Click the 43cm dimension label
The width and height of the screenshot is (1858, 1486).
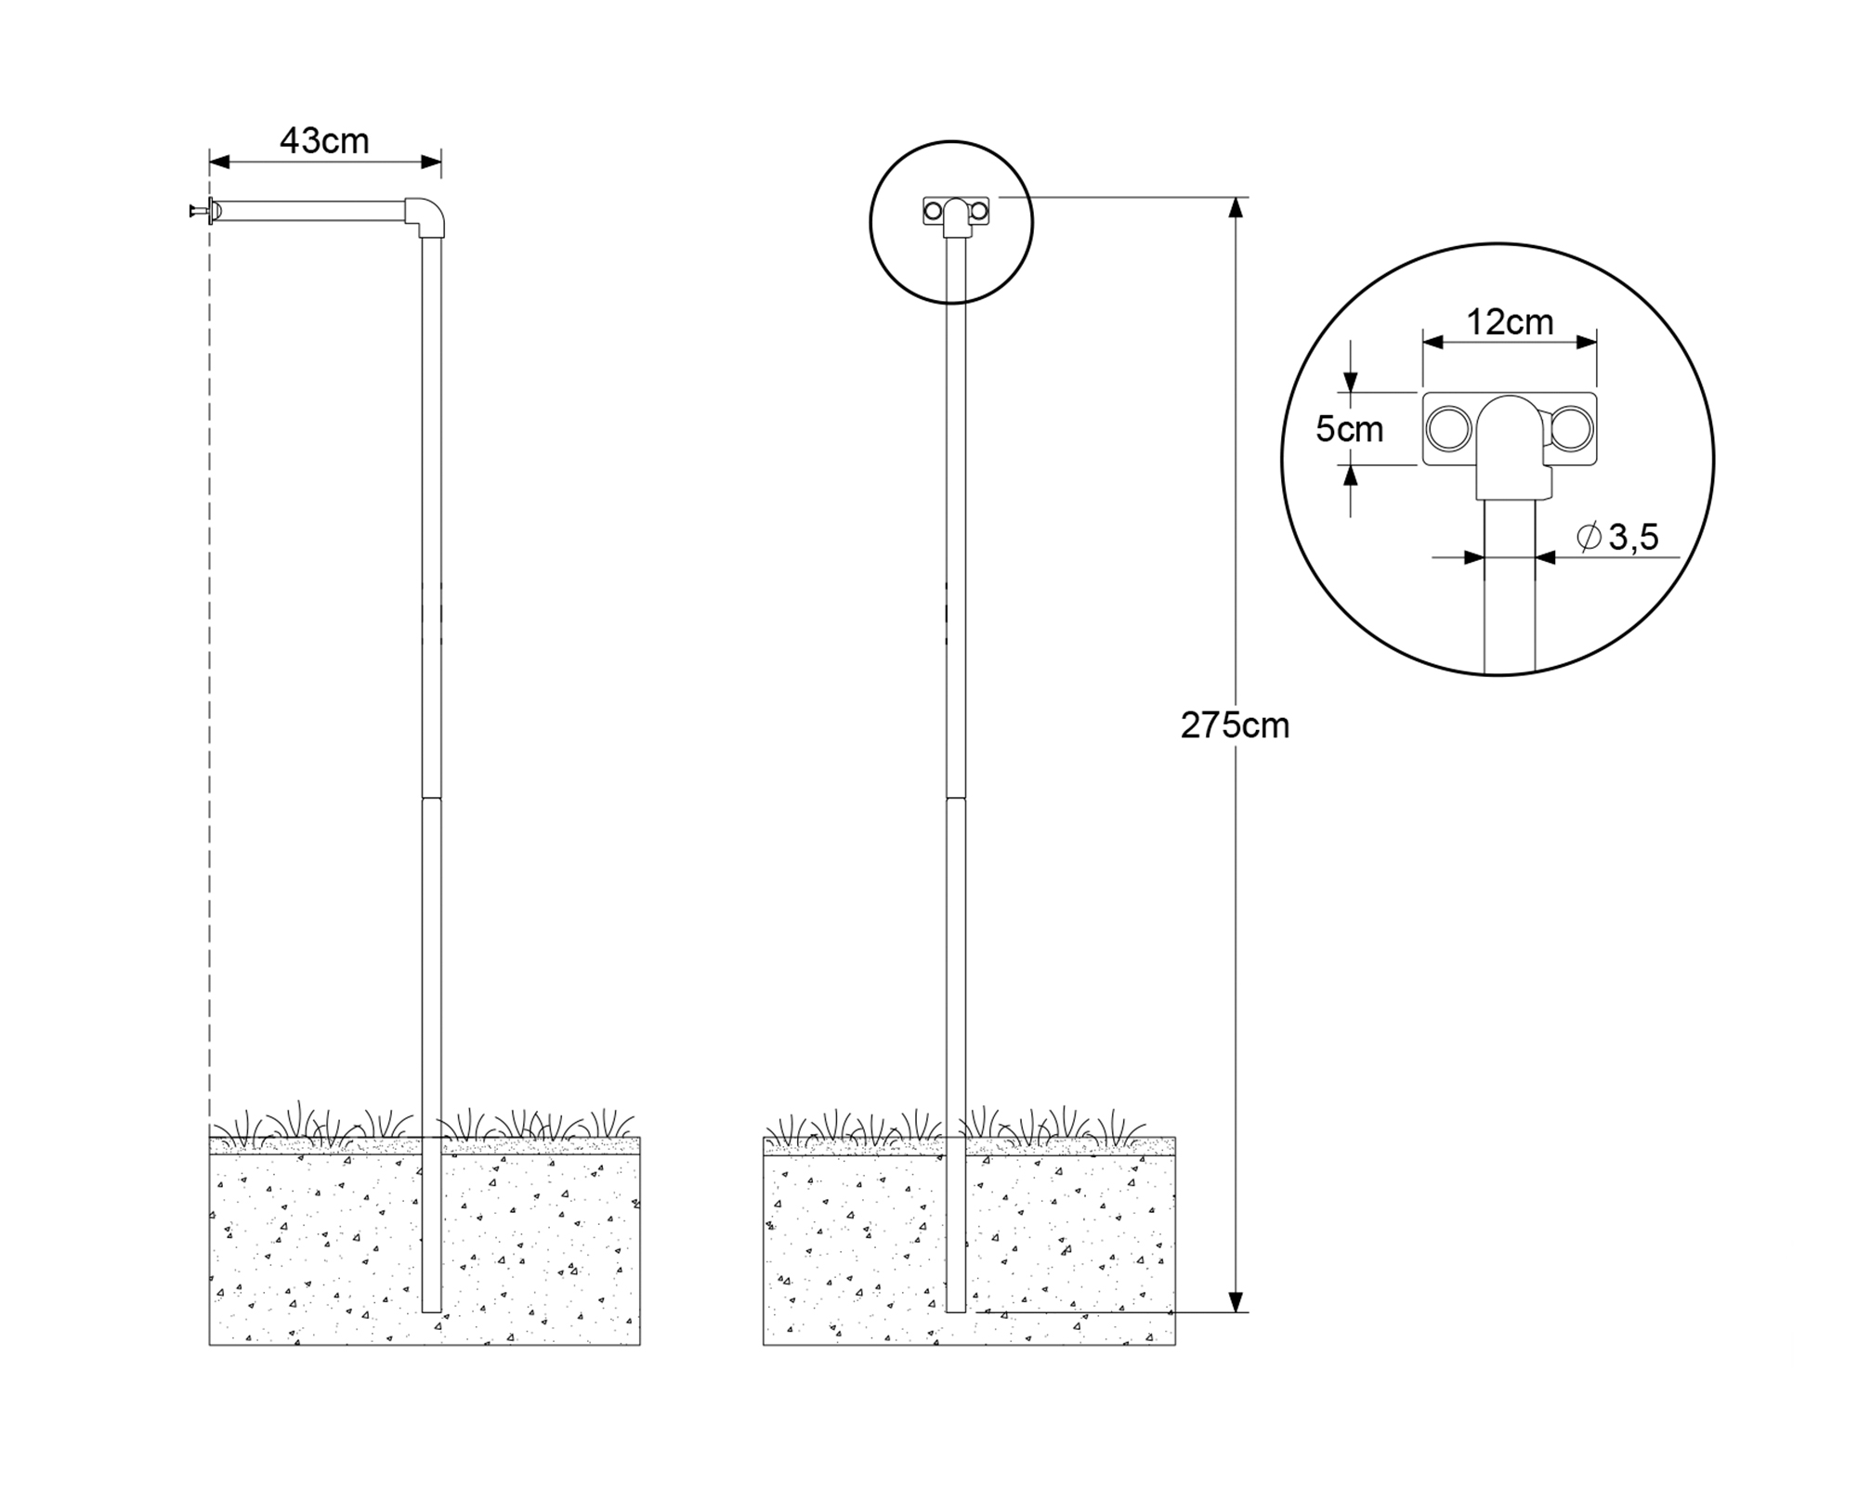pos(324,141)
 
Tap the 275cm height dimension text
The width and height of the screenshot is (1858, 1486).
pos(1235,725)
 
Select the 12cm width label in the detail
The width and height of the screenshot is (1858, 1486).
pos(1510,322)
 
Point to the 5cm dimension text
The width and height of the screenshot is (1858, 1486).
pos(1349,429)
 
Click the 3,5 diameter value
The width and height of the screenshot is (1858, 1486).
pos(1633,538)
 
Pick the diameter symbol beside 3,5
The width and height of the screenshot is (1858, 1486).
pos(1589,536)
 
